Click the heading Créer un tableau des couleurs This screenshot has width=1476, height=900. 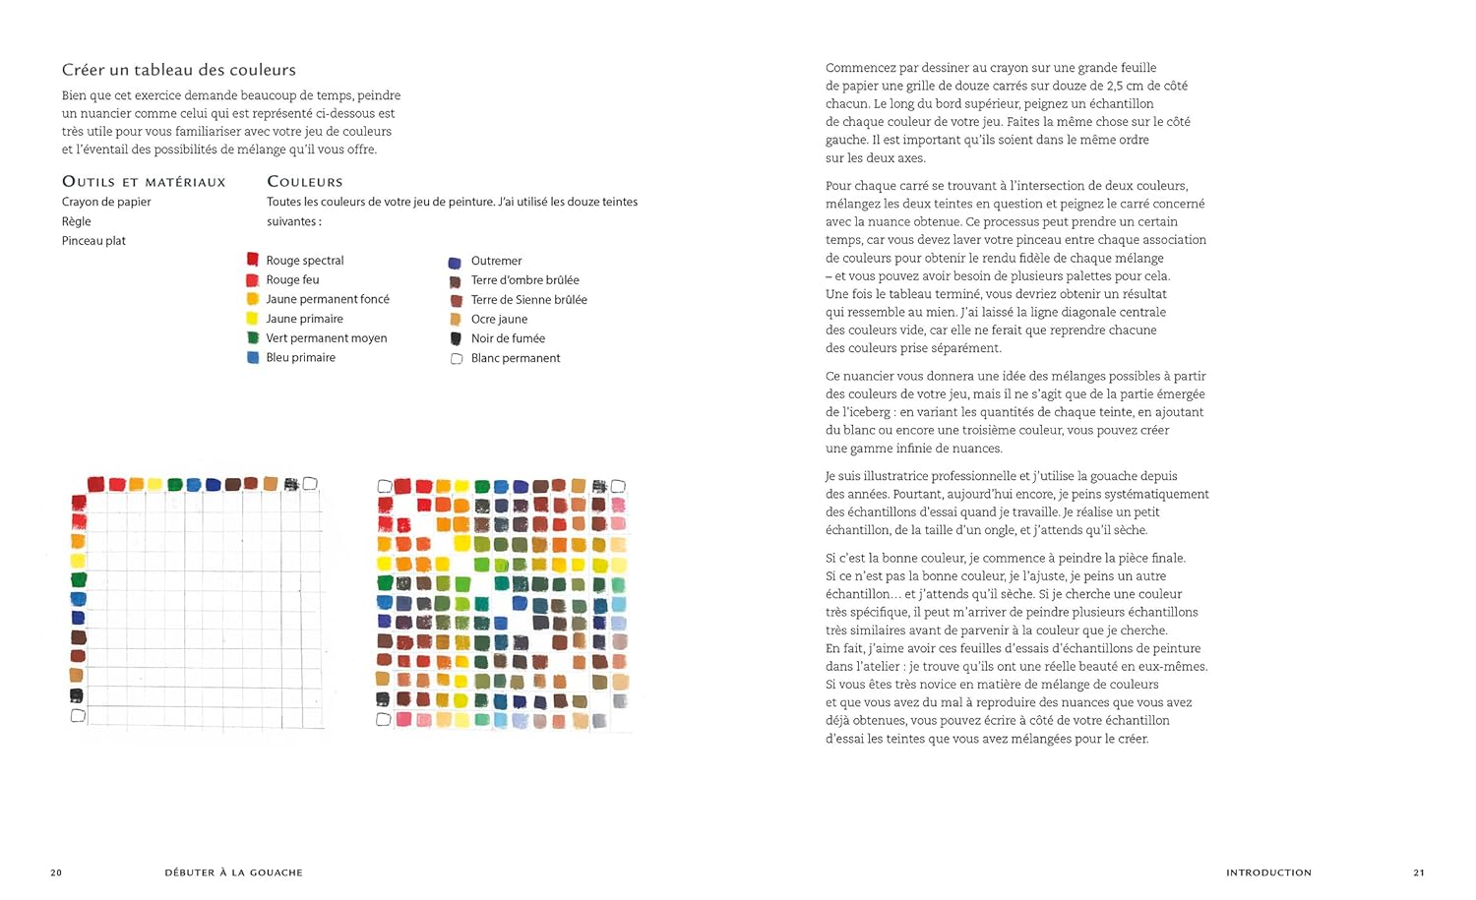click(178, 70)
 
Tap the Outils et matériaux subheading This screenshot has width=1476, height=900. click(144, 182)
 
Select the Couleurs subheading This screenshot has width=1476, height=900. click(305, 182)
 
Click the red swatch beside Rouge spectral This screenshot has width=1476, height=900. click(253, 260)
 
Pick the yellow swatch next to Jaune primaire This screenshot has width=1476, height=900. click(252, 319)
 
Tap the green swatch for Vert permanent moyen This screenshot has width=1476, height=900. click(253, 337)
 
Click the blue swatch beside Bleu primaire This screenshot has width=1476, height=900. click(253, 358)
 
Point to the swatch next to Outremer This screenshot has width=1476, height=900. click(455, 263)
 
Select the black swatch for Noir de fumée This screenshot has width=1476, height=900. click(456, 338)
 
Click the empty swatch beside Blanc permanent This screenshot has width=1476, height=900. click(457, 359)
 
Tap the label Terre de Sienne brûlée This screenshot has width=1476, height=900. click(528, 300)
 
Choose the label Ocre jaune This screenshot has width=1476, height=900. click(499, 320)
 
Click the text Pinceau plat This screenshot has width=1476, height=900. click(93, 241)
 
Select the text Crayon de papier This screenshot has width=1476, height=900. click(106, 202)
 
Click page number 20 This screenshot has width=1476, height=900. click(56, 872)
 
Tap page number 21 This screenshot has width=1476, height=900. click(1419, 872)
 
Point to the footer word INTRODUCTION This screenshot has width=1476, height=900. click(1268, 872)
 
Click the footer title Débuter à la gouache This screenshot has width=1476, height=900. click(234, 872)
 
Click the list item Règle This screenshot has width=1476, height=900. click(76, 221)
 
